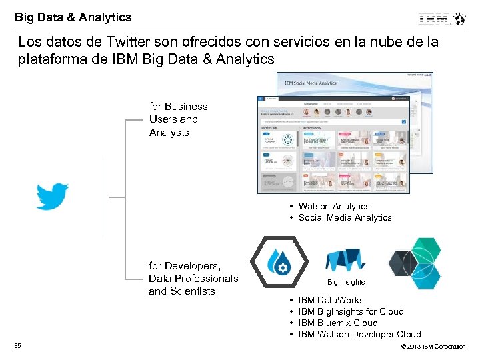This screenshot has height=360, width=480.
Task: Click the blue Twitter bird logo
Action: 52,196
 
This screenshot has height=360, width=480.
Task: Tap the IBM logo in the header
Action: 433,19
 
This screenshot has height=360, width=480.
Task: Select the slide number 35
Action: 17,345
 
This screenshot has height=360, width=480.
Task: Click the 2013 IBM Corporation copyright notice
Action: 432,347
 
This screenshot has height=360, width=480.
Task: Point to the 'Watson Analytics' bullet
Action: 333,206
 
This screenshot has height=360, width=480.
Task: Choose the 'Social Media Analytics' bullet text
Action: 345,217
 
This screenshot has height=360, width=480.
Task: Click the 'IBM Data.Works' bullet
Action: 331,300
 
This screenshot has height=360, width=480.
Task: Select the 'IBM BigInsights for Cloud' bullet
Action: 351,311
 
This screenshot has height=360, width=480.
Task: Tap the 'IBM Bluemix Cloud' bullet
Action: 338,323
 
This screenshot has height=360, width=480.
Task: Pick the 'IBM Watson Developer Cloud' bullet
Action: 359,334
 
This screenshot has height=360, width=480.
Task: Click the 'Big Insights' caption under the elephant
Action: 346,282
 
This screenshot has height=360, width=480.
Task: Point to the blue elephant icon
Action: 346,261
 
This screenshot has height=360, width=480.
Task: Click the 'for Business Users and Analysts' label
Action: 178,119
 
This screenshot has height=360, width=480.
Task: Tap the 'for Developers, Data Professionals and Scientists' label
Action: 193,278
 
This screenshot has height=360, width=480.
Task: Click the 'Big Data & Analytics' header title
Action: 73,17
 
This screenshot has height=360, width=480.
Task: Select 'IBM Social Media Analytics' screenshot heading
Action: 311,83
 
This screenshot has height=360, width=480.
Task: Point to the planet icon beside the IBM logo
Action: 460,18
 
